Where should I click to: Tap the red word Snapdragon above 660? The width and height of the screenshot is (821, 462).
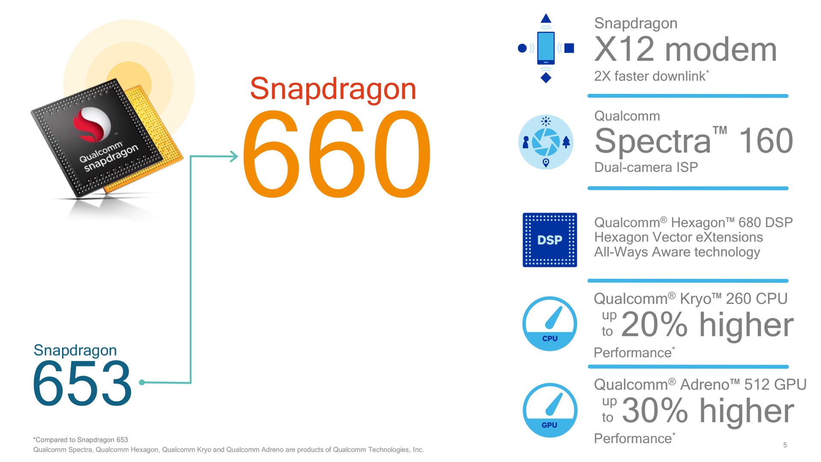coord(333,90)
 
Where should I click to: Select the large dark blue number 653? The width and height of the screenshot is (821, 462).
coord(82,383)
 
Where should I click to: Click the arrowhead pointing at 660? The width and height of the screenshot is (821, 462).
coord(233,157)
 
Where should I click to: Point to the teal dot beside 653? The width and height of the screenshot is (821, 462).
coord(142,382)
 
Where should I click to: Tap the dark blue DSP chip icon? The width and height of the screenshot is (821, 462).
coord(550,240)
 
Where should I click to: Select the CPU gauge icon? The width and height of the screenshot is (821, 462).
coord(550,324)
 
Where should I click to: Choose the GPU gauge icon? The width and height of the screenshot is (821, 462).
coord(550,410)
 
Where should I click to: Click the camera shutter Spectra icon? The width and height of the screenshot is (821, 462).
coord(546,142)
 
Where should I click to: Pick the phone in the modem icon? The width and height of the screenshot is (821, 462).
coord(546,48)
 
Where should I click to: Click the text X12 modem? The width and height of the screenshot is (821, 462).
coord(685,50)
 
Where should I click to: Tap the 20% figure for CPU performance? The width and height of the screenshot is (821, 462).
coord(655,325)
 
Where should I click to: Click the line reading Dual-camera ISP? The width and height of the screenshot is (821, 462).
coord(646,167)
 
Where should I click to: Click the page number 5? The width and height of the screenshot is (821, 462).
coord(785,445)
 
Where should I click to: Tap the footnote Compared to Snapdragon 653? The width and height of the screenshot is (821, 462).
coord(81,440)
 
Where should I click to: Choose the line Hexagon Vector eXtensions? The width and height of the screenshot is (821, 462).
coord(679,237)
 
